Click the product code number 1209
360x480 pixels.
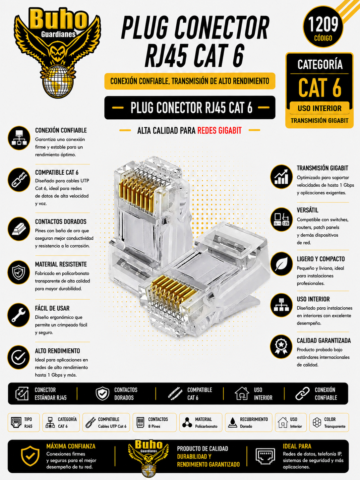tap(323, 24)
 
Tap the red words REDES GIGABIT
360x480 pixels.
tap(219, 131)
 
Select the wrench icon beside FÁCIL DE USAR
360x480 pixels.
tap(19, 315)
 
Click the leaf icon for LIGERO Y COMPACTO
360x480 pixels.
tap(281, 264)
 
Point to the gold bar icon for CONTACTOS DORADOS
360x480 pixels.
tap(19, 229)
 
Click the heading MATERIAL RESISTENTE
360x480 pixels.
tap(61, 264)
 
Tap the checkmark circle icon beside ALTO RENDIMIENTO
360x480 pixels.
tap(19, 357)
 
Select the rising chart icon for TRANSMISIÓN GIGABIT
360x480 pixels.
tap(281, 177)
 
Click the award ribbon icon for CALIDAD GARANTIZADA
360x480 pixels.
tap(281, 347)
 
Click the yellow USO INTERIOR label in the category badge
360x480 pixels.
tap(319, 108)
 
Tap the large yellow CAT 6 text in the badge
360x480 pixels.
tap(320, 88)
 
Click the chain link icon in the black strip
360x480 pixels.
tap(303, 393)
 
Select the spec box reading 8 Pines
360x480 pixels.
tap(154, 422)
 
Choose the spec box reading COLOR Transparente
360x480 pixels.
tap(329, 422)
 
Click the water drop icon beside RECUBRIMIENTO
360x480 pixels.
tap(233, 422)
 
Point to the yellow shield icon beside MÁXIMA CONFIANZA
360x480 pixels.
tap(30, 456)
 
